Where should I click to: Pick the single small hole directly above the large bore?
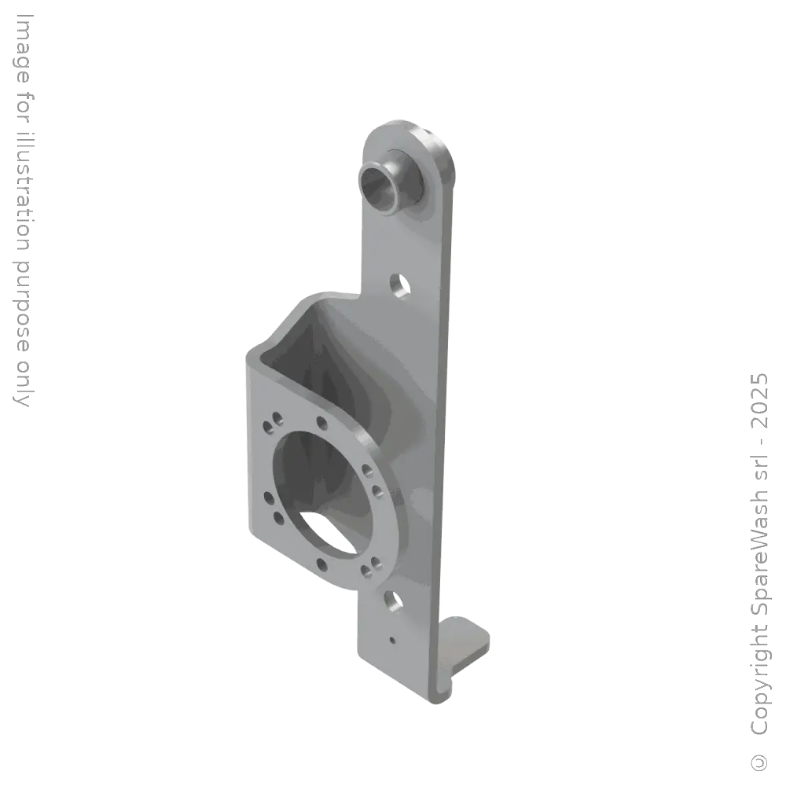321,423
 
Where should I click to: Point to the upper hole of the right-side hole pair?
368,471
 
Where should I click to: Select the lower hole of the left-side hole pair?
277,517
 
